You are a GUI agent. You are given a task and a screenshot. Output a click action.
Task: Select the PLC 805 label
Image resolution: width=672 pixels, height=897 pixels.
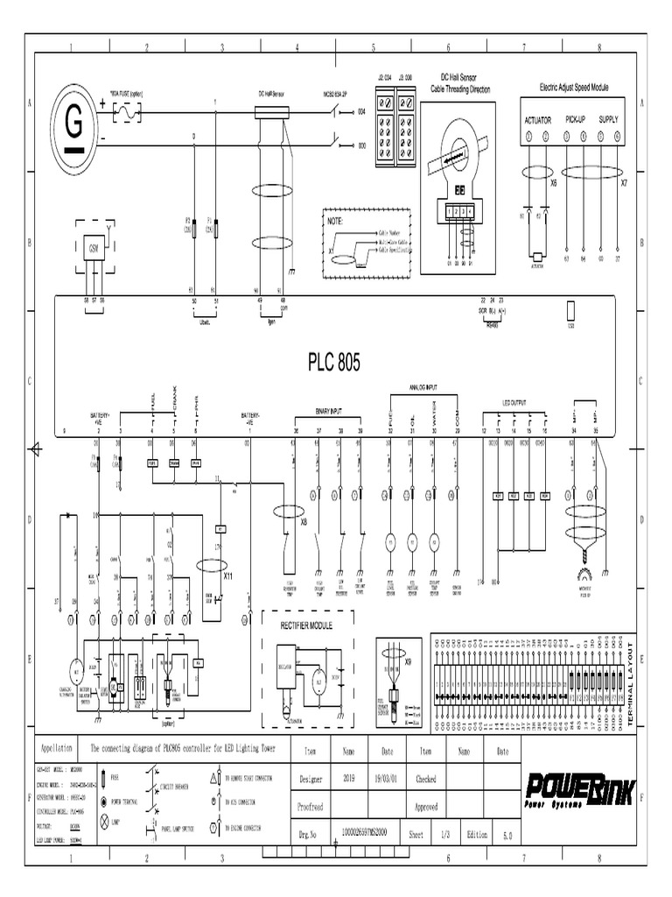333,362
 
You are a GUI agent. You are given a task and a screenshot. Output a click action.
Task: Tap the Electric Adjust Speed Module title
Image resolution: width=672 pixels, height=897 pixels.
574,88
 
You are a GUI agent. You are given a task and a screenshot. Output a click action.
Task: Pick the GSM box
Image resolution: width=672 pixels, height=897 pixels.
93,248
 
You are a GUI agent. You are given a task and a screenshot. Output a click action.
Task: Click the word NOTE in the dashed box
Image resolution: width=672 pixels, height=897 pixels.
335,222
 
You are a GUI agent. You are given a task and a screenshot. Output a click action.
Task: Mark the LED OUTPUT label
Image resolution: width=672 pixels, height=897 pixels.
514,403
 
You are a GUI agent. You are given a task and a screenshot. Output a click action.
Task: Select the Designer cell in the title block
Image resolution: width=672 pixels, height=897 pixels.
311,779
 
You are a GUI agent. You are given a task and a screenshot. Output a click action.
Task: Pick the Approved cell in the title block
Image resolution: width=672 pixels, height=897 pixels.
425,807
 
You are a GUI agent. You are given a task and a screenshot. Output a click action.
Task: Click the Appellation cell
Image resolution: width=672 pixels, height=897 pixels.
57,750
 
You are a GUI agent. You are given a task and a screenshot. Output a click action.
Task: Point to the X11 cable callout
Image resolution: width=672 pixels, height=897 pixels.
227,576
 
